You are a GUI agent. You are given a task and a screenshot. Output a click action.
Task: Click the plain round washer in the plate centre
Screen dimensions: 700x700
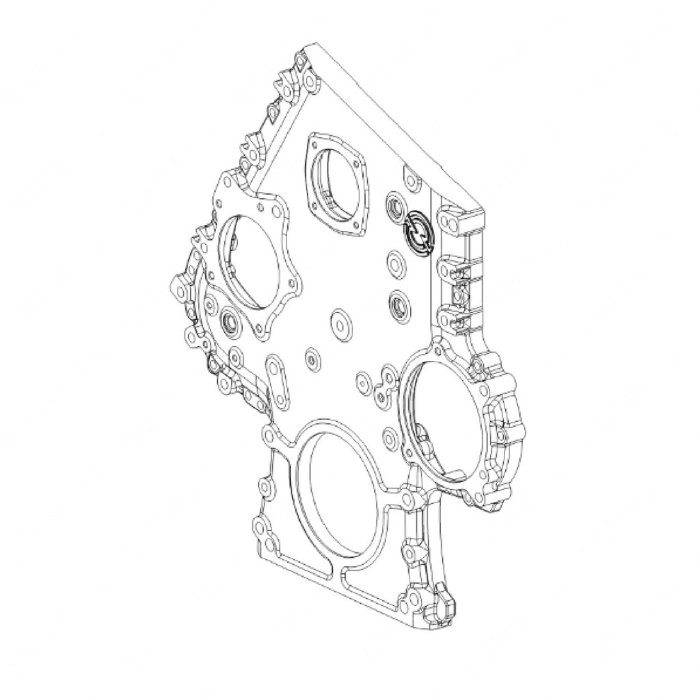(x=340, y=322)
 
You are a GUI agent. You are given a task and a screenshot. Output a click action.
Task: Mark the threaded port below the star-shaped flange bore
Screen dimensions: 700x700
(x=228, y=320)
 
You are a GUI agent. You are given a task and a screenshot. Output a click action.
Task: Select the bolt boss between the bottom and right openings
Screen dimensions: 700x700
(x=411, y=497)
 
